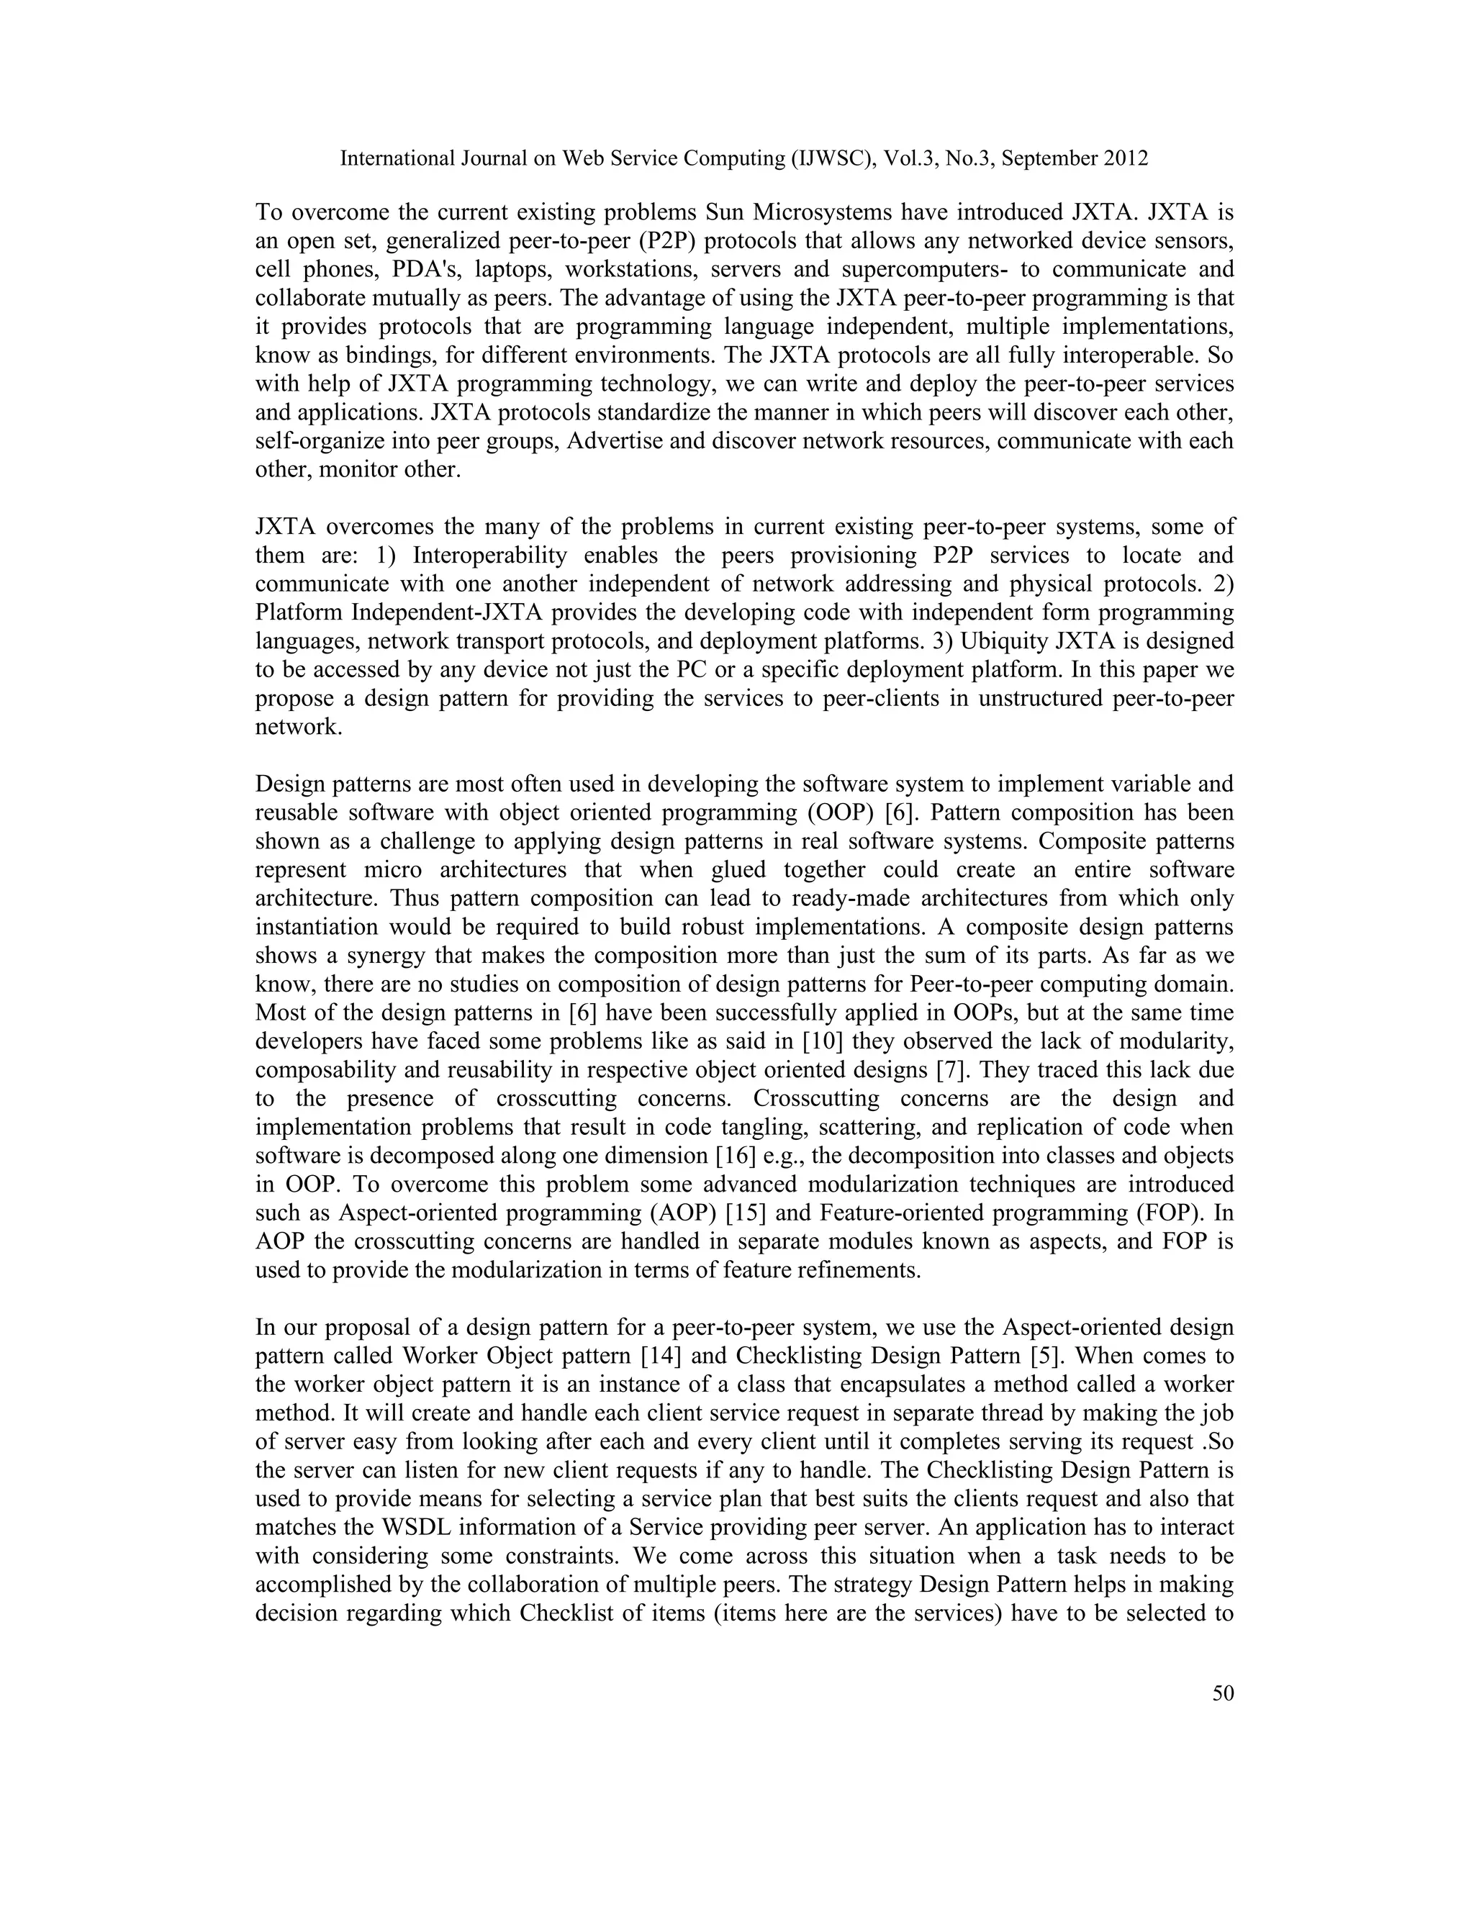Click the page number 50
[x=1223, y=1694]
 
